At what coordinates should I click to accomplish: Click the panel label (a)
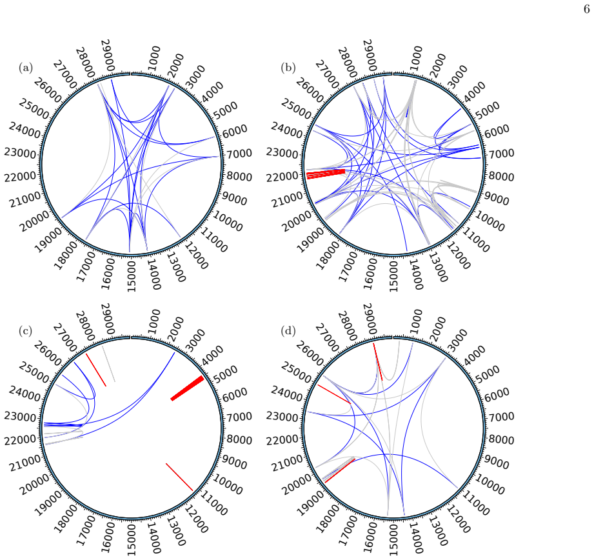click(26, 68)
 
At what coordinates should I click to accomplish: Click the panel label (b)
click(288, 68)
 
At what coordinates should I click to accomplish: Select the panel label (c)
click(26, 331)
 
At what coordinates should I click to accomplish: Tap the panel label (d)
click(288, 331)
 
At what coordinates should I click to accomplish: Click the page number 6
click(586, 9)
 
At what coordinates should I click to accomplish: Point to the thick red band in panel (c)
click(187, 388)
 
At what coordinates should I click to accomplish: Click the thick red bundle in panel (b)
click(326, 174)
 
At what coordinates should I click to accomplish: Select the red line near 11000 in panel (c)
click(179, 477)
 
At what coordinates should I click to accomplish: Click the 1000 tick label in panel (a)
click(154, 59)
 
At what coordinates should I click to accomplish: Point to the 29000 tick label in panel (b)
click(370, 55)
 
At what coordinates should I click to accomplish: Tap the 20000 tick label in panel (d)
click(297, 485)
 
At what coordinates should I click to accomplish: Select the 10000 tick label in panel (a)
click(227, 221)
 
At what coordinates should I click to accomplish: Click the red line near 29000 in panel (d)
click(378, 361)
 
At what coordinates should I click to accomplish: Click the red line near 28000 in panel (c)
click(96, 370)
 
